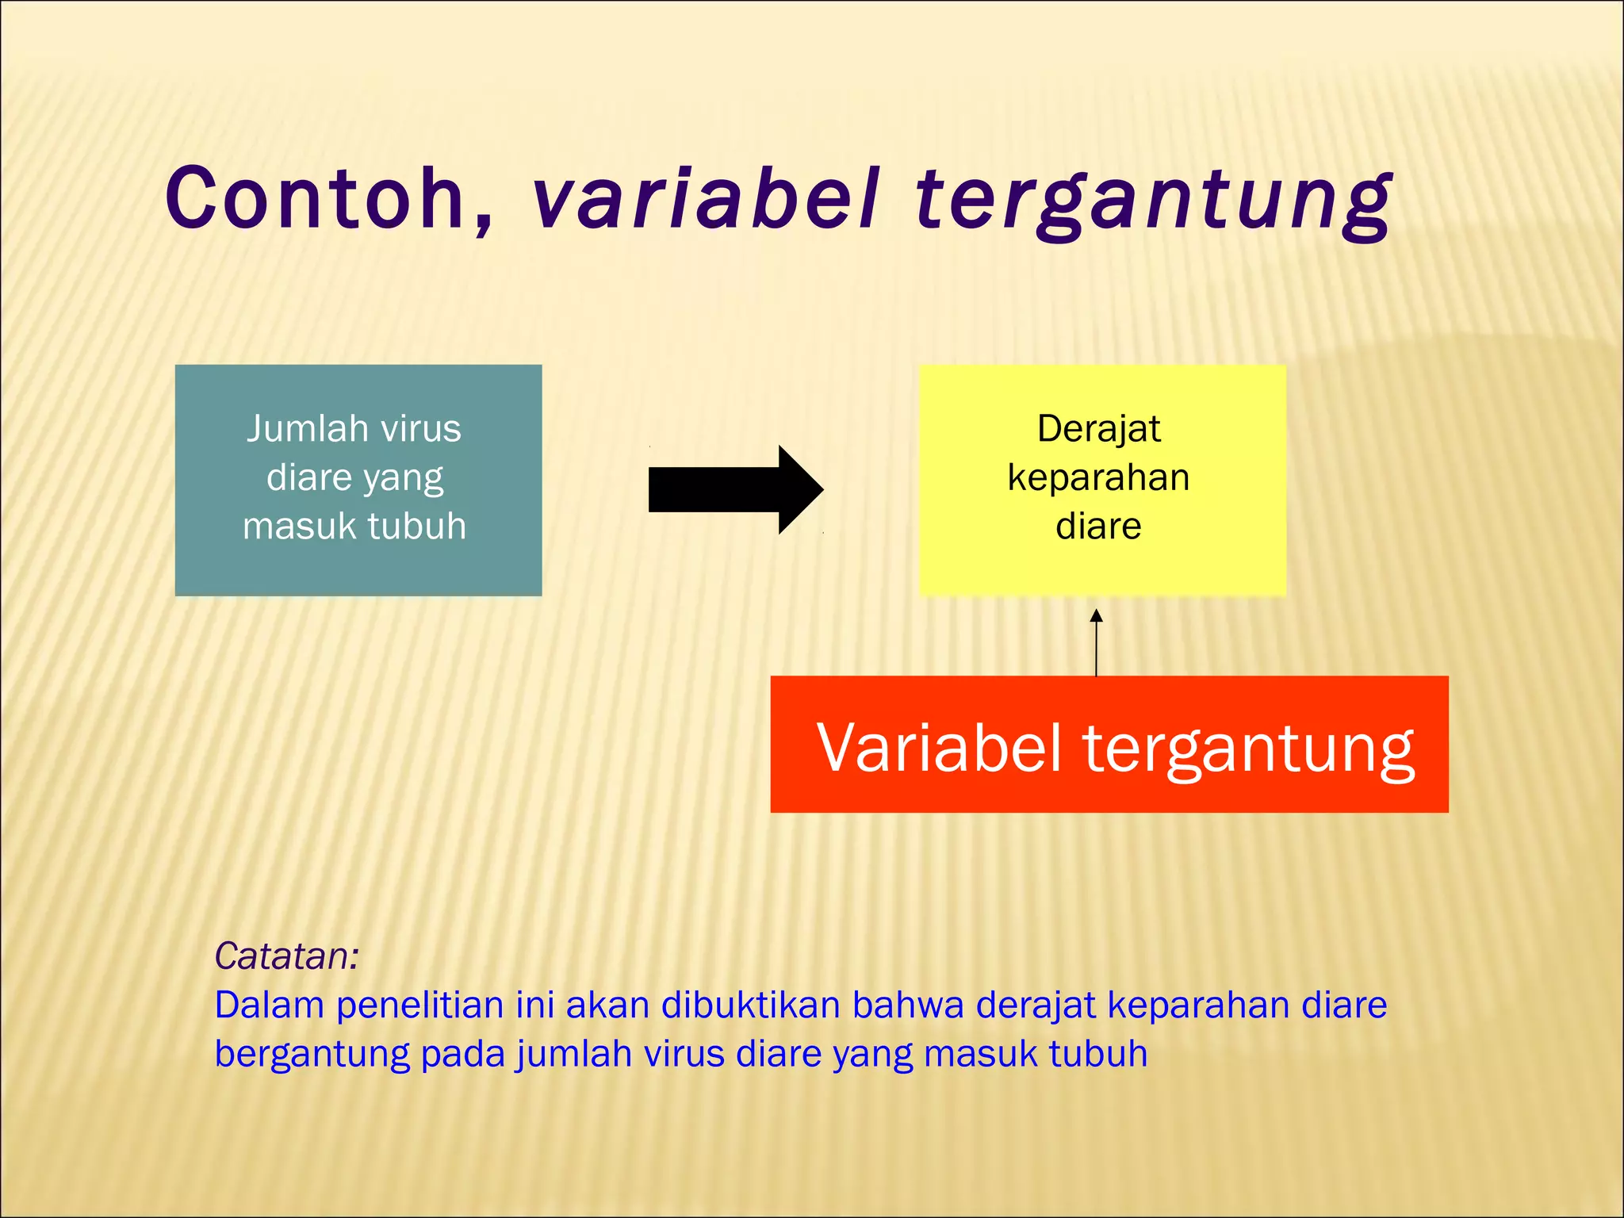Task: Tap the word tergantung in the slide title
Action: click(1154, 202)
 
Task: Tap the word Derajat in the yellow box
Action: click(1098, 429)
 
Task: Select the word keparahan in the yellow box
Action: click(1098, 478)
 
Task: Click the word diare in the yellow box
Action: click(1098, 527)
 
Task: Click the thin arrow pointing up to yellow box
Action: click(1097, 642)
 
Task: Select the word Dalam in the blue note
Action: click(270, 1005)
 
